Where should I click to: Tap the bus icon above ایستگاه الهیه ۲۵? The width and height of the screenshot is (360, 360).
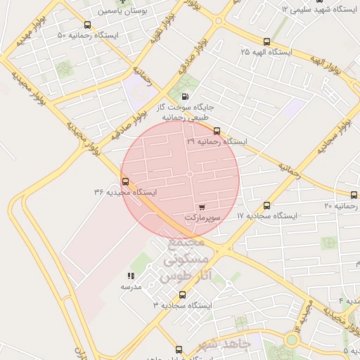266,41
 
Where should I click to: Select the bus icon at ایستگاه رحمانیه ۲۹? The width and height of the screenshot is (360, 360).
217,131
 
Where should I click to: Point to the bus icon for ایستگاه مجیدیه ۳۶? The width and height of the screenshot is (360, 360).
126,181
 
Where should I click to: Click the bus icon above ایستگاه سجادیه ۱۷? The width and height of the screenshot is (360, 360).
266,205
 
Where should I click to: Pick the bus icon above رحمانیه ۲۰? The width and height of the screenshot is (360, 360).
353,195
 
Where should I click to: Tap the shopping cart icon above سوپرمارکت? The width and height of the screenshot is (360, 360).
202,207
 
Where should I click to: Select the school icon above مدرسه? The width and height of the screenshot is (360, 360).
131,276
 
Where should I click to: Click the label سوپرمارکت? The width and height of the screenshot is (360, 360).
202,218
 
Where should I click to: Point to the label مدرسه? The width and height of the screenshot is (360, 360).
131,287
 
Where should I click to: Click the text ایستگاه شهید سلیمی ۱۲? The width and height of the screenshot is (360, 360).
320,9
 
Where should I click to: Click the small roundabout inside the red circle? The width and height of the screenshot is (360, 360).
190,174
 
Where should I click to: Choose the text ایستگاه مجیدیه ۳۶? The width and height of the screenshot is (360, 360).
125,192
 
